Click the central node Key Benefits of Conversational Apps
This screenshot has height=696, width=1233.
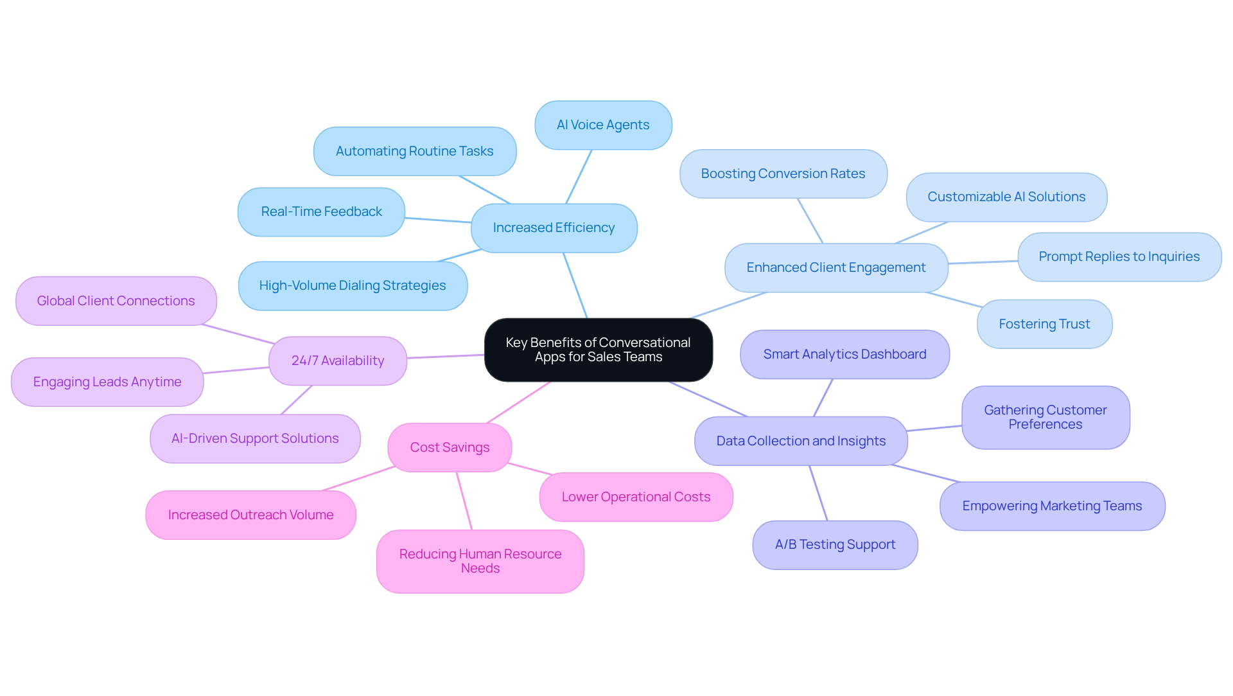[598, 350]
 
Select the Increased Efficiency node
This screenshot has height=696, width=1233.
[554, 228]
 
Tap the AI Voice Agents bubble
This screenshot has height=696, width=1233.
[603, 125]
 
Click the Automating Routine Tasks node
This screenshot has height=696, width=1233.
[414, 151]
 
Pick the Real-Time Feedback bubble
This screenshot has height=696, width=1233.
[321, 211]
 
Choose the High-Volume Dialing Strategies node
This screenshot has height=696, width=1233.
[352, 285]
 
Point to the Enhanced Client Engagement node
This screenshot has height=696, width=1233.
[835, 267]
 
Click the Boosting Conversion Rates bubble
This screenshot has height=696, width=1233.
[783, 174]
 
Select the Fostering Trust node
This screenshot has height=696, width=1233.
[1044, 324]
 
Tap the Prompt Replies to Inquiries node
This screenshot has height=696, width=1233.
[1119, 256]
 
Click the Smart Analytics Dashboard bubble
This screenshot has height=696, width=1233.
[844, 354]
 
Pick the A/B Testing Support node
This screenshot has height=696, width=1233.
[835, 544]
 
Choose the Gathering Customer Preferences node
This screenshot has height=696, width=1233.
[1045, 417]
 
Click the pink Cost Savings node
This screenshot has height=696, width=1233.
[450, 447]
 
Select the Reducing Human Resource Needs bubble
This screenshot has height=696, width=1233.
[480, 561]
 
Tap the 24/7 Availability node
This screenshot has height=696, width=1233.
[338, 361]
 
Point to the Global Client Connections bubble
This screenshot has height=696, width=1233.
[116, 301]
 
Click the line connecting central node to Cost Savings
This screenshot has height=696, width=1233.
[519, 402]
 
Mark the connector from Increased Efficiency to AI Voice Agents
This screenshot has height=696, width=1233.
[579, 177]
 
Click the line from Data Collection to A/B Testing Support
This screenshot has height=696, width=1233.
[818, 493]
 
